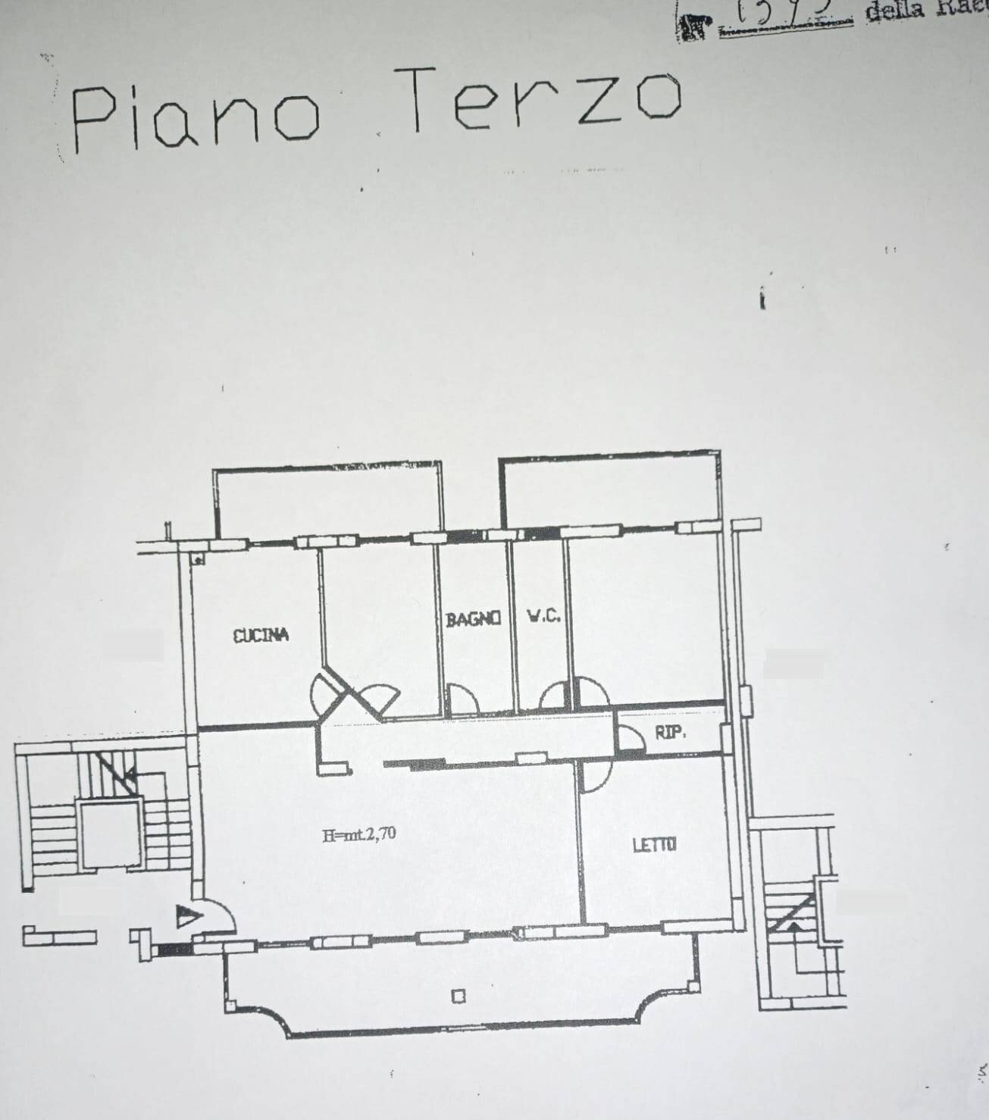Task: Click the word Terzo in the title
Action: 537,101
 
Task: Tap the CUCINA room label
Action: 261,635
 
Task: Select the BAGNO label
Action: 473,618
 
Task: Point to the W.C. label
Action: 543,616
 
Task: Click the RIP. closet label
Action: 671,733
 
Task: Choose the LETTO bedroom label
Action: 654,844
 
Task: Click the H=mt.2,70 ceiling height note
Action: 358,836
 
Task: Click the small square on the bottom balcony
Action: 458,996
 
